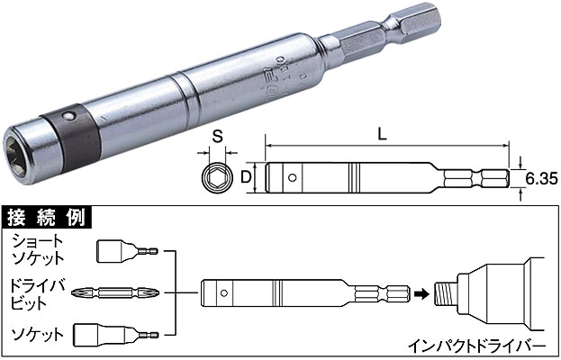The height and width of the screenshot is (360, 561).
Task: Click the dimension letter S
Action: coord(217,137)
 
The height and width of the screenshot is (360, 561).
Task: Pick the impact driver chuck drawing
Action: coord(490,293)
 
